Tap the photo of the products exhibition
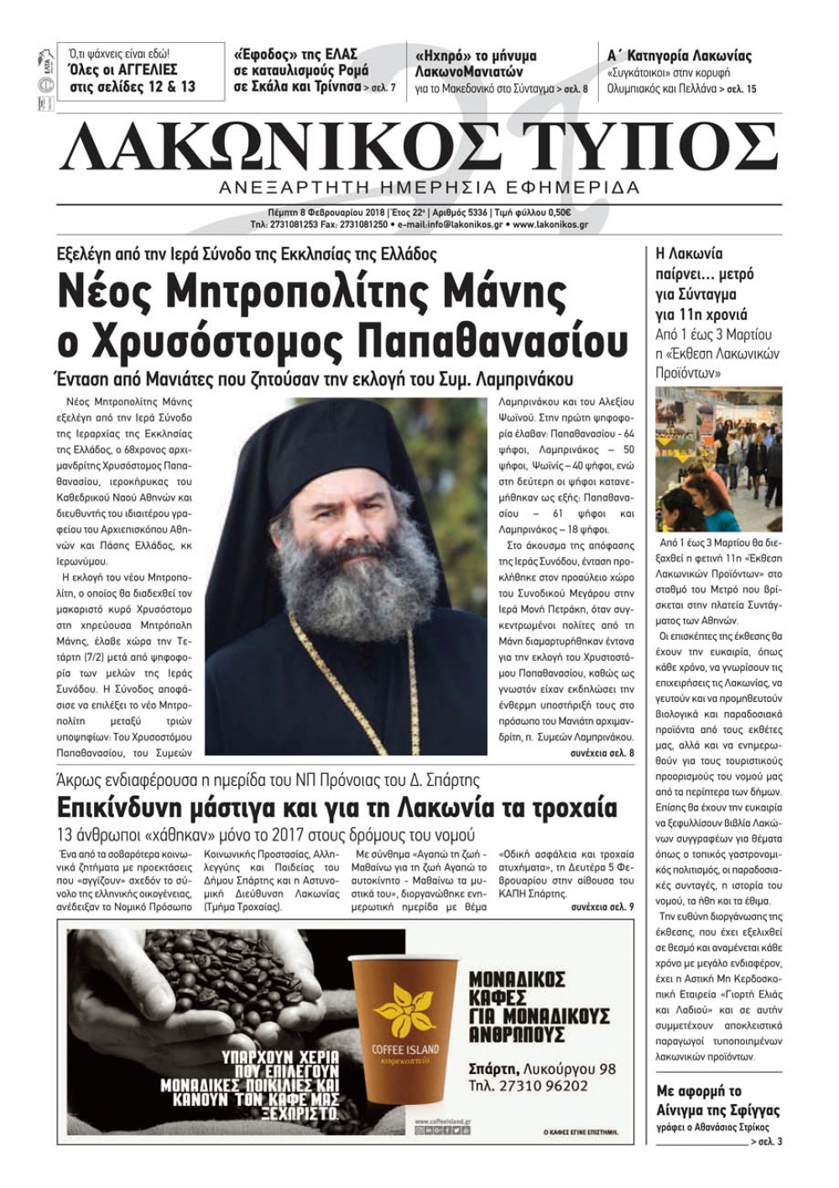(x=718, y=459)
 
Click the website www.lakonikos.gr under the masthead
(x=550, y=225)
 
